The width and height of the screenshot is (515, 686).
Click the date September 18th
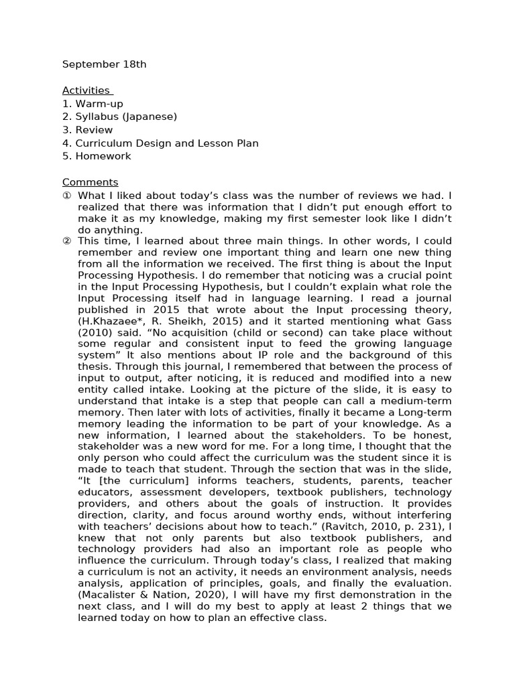point(104,64)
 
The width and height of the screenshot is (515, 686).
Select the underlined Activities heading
point(86,90)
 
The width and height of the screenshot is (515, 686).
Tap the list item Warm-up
point(99,104)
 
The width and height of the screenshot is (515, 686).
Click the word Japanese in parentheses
point(154,117)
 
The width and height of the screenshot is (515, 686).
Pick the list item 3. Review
point(87,130)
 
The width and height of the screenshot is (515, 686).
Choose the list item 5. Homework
point(97,156)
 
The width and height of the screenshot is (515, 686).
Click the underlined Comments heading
point(90,182)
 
